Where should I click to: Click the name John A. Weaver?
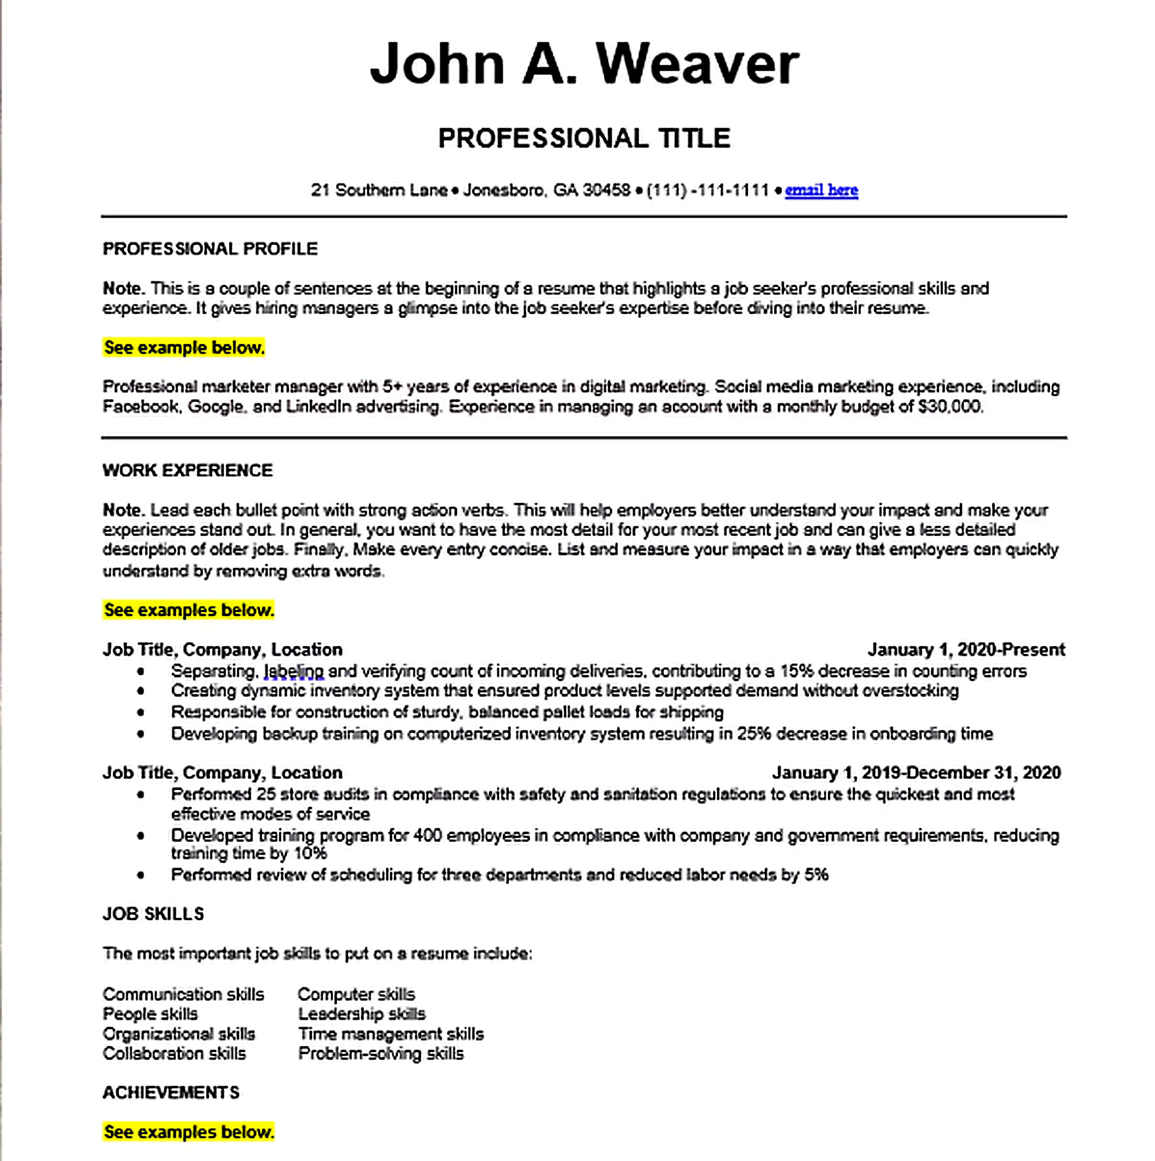click(x=584, y=64)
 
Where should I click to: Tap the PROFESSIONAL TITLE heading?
click(x=584, y=138)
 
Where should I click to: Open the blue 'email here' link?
click(x=821, y=190)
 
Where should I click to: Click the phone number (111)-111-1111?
click(x=708, y=190)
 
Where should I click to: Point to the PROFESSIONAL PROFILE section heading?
click(x=210, y=249)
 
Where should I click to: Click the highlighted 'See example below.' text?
click(x=184, y=348)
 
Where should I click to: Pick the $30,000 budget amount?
click(x=950, y=407)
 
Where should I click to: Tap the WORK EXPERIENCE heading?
click(x=187, y=471)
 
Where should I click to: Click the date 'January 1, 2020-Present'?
click(x=966, y=650)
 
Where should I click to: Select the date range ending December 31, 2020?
click(x=916, y=773)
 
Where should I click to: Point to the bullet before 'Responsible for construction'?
click(x=141, y=712)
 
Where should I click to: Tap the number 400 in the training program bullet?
click(x=427, y=836)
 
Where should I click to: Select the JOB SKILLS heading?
click(x=153, y=914)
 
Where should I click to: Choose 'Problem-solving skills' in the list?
click(x=381, y=1053)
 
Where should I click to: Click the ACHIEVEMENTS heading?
click(x=171, y=1093)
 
